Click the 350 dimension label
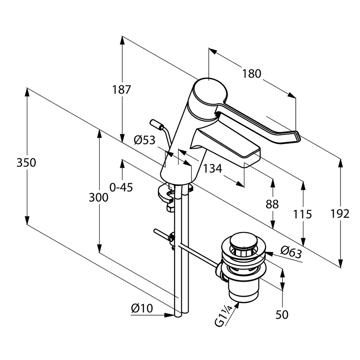[x=26, y=163]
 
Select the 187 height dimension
[x=121, y=90]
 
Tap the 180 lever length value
[x=252, y=74]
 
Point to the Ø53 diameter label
[x=145, y=140]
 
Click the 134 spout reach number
[x=213, y=169]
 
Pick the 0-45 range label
[x=121, y=187]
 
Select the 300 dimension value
[x=99, y=197]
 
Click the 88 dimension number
[x=272, y=204]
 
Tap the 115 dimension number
[x=302, y=214]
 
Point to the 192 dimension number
[x=340, y=214]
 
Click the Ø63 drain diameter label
[x=291, y=252]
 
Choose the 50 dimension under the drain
[x=282, y=315]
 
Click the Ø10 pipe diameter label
[x=142, y=308]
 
